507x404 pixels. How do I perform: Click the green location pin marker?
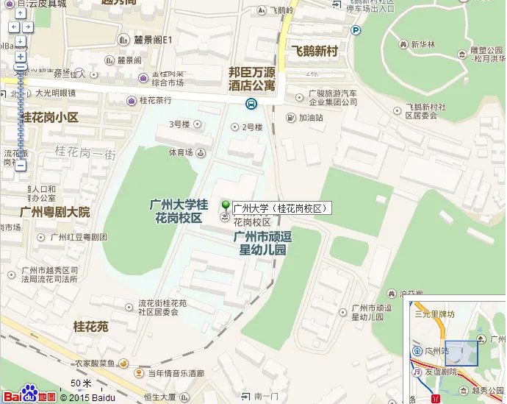226,205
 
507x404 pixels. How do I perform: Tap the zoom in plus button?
20,57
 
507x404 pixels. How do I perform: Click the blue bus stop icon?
251,104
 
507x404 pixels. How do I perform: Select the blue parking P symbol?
355,30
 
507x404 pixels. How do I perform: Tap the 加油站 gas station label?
309,117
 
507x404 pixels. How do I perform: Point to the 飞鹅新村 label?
314,52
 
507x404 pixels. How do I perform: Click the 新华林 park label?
422,43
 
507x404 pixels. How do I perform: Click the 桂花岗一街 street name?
85,152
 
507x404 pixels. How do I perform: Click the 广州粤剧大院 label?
55,212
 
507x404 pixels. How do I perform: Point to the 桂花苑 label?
90,325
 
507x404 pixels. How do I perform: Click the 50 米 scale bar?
81,384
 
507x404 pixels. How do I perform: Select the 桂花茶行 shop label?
155,100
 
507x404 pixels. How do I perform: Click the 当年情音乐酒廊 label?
176,374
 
